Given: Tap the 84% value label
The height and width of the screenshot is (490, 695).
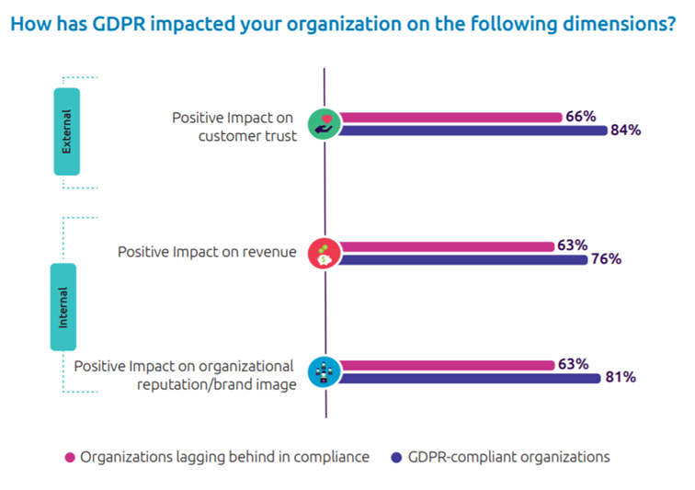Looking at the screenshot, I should pos(625,131).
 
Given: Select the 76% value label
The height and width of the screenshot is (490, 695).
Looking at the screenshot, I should pos(606,259).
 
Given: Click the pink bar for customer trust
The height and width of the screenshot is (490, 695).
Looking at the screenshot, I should pos(450,118).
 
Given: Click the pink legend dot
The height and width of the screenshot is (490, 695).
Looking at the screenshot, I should pos(69,457).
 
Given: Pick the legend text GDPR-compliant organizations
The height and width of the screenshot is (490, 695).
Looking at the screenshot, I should pos(509,456).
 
